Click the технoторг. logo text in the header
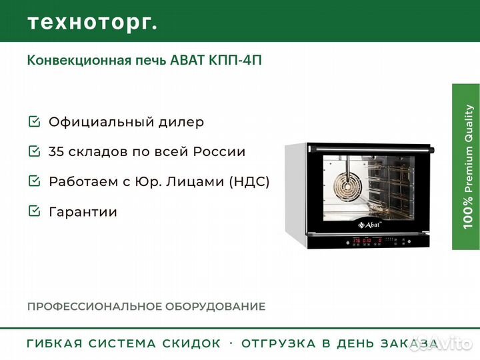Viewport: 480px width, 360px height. [x=93, y=23]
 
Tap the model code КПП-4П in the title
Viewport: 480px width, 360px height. [x=235, y=60]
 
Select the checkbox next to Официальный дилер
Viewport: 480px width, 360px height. [x=34, y=121]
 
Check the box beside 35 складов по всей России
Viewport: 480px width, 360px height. [x=34, y=151]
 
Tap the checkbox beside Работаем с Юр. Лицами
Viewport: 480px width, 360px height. [x=34, y=181]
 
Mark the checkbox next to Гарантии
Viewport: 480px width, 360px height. [x=34, y=211]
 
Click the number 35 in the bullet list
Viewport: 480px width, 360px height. [x=57, y=151]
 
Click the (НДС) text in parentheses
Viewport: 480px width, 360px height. [x=249, y=181]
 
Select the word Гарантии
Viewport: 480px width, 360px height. [x=83, y=212]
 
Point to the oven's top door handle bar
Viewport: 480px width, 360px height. [x=372, y=149]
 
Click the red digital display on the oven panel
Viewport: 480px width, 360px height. [x=367, y=241]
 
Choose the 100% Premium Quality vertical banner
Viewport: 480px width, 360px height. [x=466, y=167]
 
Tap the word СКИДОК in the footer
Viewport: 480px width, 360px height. [x=191, y=343]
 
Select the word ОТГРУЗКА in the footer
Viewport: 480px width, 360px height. [x=279, y=343]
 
